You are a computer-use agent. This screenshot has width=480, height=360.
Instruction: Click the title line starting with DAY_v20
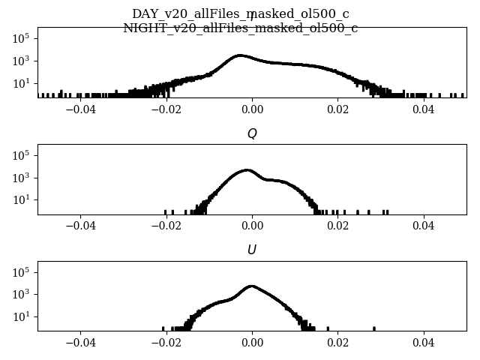click(x=240, y=14)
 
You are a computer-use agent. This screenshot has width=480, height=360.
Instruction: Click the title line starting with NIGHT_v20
click(x=240, y=28)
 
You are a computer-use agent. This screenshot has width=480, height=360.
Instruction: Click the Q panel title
click(x=252, y=133)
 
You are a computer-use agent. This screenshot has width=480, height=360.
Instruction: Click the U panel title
click(x=252, y=250)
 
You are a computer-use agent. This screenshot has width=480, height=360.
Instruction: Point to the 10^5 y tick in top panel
click(x=22, y=38)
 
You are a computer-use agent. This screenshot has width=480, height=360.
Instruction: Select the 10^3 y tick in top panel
click(x=22, y=61)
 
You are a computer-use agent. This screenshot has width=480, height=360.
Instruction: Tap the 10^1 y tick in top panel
click(x=22, y=83)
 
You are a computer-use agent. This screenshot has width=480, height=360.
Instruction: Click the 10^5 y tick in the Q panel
click(x=22, y=155)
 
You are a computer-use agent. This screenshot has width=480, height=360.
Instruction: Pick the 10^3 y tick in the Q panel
click(x=22, y=178)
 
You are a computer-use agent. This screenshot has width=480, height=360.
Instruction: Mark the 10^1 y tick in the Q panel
click(x=22, y=200)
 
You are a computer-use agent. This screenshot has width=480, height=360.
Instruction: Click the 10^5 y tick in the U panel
click(x=22, y=271)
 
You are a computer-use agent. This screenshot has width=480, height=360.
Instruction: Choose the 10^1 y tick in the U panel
click(x=22, y=316)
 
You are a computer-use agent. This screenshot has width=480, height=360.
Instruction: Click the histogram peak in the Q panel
click(x=248, y=170)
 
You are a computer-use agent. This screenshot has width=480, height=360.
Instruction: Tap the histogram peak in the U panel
click(x=252, y=286)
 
